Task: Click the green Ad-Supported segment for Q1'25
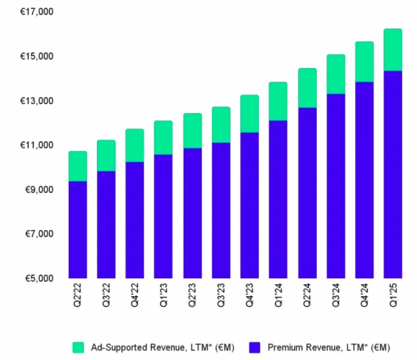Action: tap(392, 50)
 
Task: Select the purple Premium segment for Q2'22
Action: tap(77, 229)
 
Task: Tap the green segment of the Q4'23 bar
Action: tap(249, 114)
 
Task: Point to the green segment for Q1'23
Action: tap(163, 137)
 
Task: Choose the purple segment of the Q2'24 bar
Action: tap(307, 193)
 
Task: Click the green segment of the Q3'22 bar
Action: tap(106, 155)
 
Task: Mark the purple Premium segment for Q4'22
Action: tap(135, 220)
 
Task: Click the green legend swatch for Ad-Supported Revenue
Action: tap(78, 346)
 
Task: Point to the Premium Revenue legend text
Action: tap(326, 346)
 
